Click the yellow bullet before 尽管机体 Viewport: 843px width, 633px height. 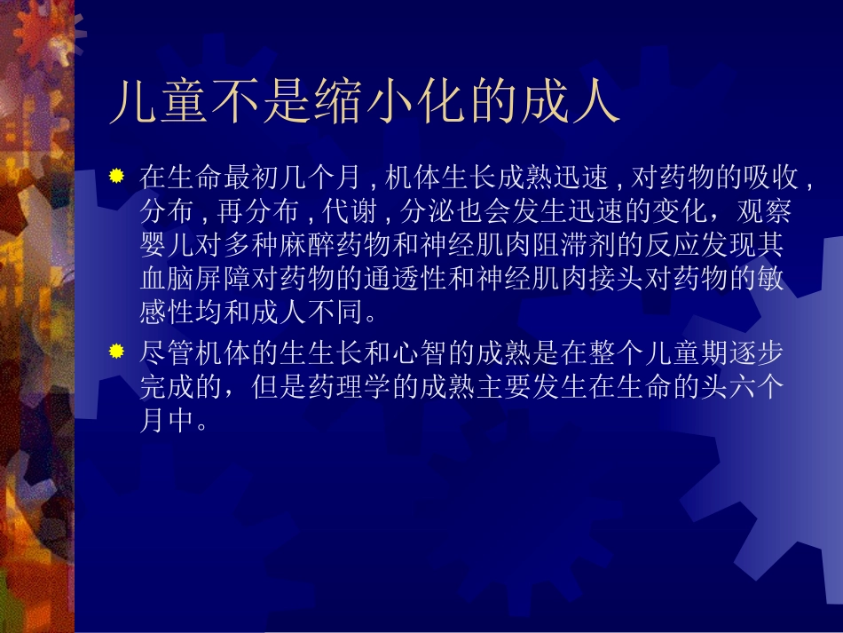pos(116,353)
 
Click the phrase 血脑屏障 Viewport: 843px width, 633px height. pos(193,279)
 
